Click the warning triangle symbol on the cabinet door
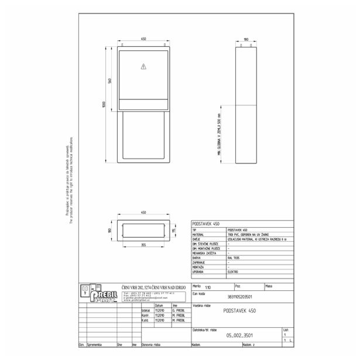(143, 67)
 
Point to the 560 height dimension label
(109, 80)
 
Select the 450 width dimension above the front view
(143, 40)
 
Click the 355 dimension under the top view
(143, 246)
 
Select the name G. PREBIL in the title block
(179, 311)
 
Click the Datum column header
(159, 306)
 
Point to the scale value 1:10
(209, 287)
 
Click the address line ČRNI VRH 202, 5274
(153, 286)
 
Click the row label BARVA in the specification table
(197, 257)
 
